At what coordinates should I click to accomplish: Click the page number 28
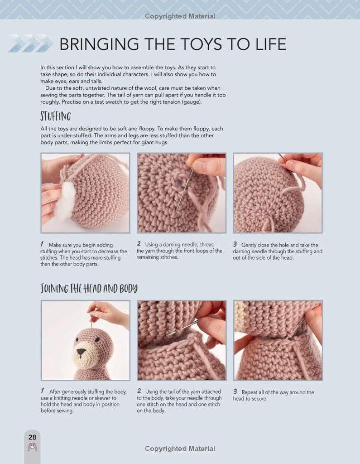(32, 437)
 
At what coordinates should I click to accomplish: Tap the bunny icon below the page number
(32, 447)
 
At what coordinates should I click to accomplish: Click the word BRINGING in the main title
(99, 44)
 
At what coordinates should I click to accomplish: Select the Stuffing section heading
(56, 116)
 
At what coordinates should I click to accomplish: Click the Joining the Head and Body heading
(89, 288)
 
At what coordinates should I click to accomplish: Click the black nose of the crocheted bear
(81, 352)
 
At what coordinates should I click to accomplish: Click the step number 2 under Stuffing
(139, 244)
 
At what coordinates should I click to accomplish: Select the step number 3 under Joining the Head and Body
(235, 391)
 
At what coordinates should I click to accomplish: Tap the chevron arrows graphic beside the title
(31, 43)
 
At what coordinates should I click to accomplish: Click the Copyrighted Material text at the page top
(180, 16)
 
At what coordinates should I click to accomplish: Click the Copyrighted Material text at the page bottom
(180, 449)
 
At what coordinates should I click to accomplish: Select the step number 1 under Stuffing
(42, 244)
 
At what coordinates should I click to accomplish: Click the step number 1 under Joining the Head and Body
(43, 391)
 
